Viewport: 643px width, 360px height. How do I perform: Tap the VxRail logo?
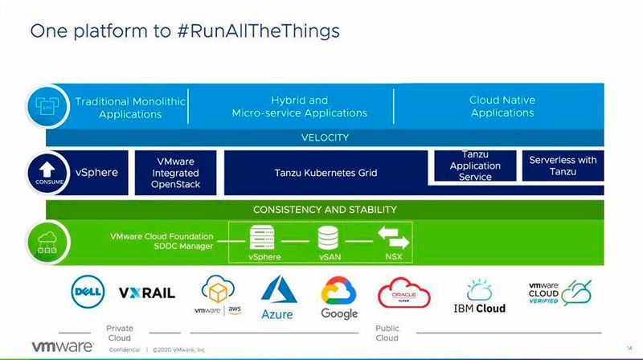pos(147,293)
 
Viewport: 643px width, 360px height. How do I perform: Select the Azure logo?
pos(277,297)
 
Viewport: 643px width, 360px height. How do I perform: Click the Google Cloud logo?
pos(339,297)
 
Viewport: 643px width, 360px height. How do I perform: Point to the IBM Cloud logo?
pos(480,297)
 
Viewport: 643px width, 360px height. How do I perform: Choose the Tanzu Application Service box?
pos(475,166)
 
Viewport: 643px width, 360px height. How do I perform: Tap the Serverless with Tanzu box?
pos(563,166)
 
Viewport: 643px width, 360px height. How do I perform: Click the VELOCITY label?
pos(325,137)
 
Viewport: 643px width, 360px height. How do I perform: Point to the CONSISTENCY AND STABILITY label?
pos(325,210)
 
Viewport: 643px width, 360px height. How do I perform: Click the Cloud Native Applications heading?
pos(502,107)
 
